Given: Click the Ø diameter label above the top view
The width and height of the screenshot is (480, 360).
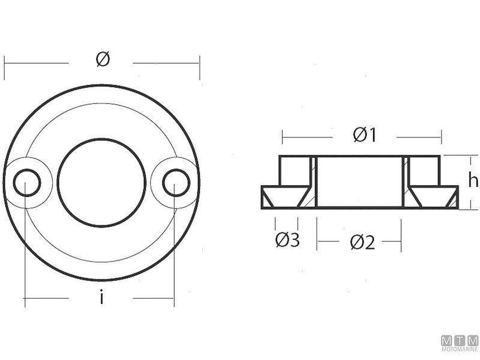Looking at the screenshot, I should coord(103,60).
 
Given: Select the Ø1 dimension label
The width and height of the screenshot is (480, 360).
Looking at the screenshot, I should coord(365,136).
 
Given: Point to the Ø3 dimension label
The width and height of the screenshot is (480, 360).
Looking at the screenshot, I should coord(287,240).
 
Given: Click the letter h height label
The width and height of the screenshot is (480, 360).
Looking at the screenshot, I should coord(473,181).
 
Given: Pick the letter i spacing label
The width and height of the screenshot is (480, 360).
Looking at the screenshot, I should coord(101,298).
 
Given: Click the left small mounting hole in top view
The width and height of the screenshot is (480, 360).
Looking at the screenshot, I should coord(27,182).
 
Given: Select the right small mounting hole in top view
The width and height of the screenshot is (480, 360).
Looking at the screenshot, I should coord(176,182).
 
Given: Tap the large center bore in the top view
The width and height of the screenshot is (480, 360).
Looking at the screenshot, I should coord(101,182).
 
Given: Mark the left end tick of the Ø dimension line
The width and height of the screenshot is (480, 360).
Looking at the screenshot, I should coord(5,63).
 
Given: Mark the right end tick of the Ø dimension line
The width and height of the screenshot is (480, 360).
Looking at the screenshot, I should coord(199,63).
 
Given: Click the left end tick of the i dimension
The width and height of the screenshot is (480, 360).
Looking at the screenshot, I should coord(25,298).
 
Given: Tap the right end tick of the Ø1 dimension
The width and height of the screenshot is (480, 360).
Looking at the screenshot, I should coord(442,137).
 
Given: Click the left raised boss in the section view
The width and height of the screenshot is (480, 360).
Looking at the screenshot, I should coord(295,170).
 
